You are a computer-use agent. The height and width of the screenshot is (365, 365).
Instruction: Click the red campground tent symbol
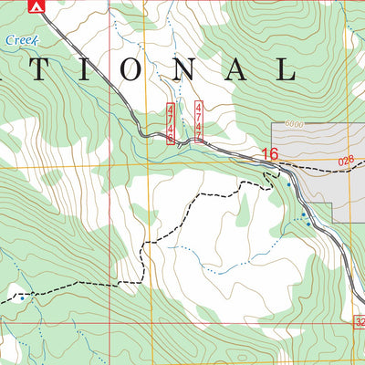pyautogui.click(x=36, y=7)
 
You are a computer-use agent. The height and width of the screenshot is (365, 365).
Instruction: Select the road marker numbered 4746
pyautogui.click(x=171, y=123)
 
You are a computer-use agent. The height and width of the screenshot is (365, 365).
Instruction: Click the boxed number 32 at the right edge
pyautogui.click(x=359, y=321)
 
